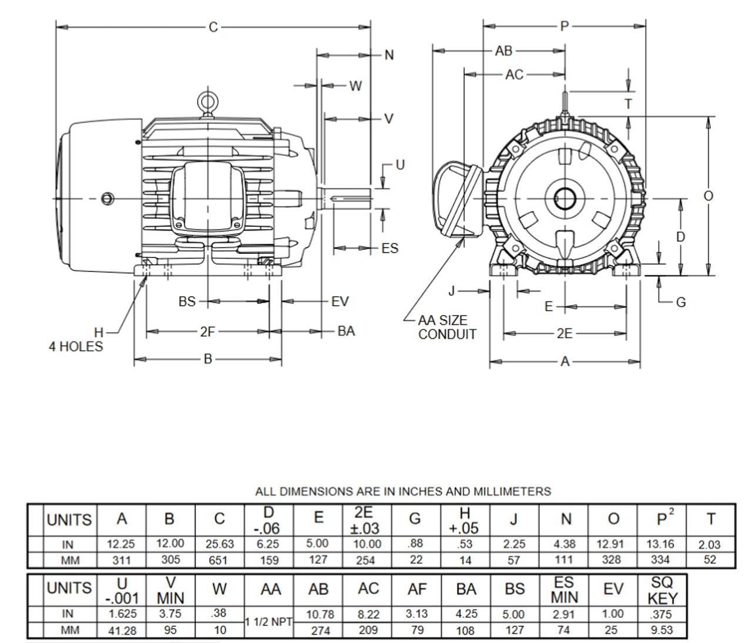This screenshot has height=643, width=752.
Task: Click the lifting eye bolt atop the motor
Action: point(206,102)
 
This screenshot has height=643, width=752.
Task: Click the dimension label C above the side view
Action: point(213,27)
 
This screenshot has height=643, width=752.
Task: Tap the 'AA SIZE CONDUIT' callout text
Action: point(446,327)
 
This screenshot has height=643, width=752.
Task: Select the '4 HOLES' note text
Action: point(75,346)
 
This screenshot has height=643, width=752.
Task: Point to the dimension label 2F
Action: point(207,332)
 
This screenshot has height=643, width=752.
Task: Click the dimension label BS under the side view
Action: point(187,302)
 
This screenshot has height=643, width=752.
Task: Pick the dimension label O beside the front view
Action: point(709,196)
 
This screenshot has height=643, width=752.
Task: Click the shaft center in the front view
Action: point(565,199)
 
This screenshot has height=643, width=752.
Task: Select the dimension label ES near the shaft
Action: point(390,248)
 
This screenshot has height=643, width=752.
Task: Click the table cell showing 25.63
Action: point(219,544)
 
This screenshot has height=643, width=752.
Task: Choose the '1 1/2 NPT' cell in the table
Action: point(269,622)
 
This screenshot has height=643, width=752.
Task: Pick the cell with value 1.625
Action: point(122,614)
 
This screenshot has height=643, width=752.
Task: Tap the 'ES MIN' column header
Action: point(564,590)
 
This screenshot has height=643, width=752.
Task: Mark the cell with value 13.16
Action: point(661,544)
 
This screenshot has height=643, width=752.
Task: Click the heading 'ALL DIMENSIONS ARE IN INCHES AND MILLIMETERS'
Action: point(403,491)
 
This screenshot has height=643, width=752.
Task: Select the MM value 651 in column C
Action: point(218,560)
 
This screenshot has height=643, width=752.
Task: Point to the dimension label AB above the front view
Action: point(503,51)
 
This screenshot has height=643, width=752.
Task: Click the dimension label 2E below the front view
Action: point(564,334)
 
